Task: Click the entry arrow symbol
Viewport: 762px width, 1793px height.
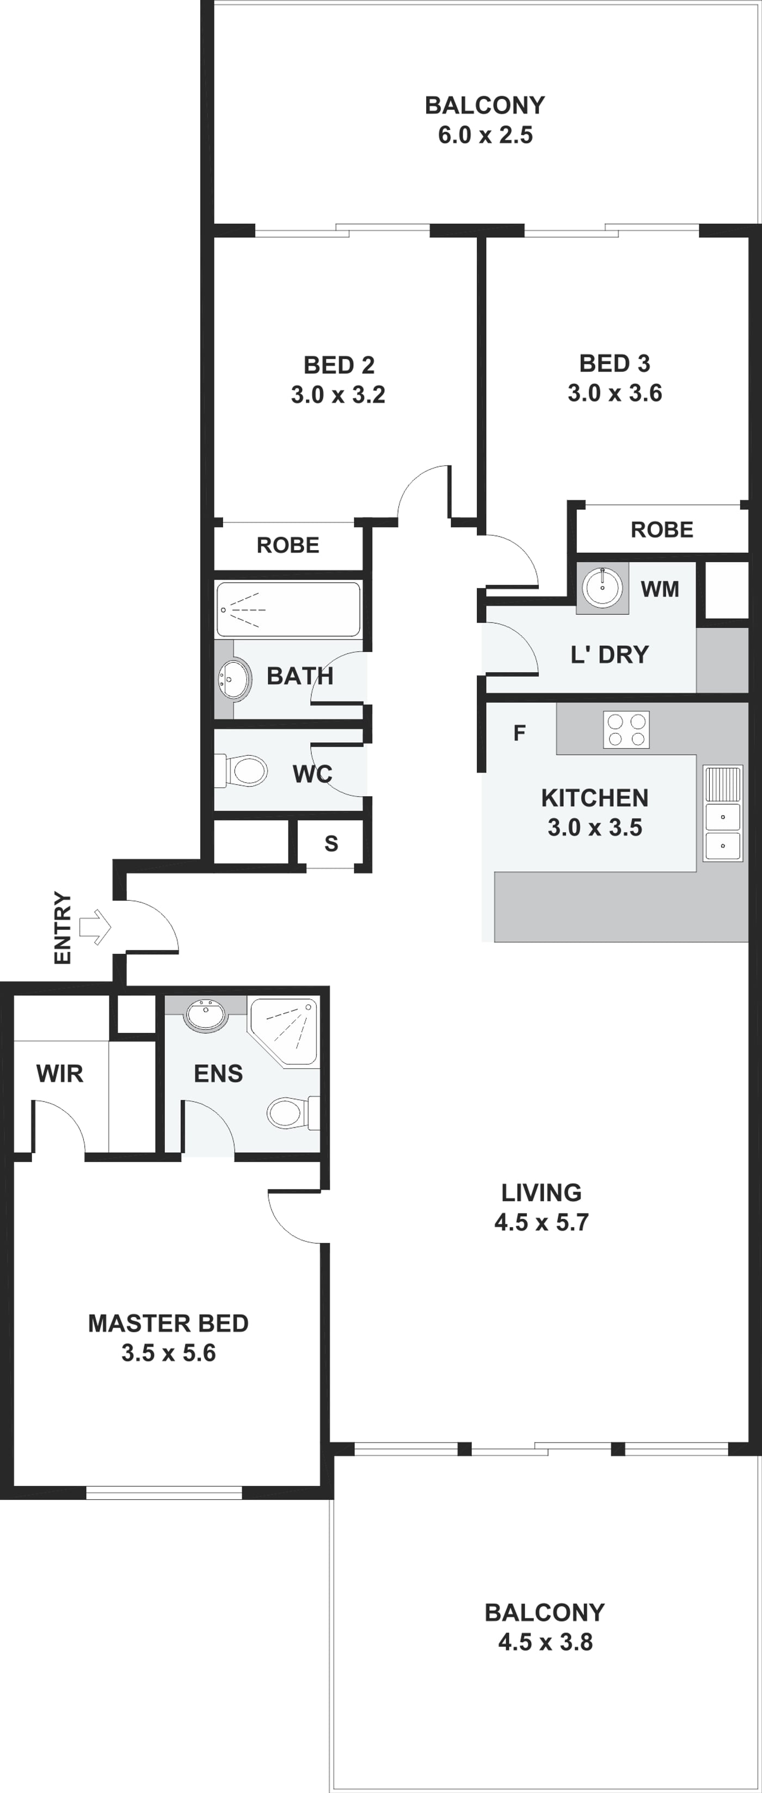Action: tap(95, 927)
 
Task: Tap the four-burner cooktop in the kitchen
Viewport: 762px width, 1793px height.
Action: tap(626, 730)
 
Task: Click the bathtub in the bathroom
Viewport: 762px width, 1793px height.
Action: tap(288, 609)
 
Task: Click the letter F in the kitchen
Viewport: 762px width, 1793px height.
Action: tap(519, 733)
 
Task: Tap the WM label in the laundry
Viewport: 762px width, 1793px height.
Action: tap(660, 589)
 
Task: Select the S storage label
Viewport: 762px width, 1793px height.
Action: tap(331, 843)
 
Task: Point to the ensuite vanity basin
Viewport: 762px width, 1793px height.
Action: tap(205, 1014)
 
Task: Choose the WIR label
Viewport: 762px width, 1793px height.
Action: tap(60, 1073)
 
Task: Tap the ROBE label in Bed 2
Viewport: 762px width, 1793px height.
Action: tap(288, 545)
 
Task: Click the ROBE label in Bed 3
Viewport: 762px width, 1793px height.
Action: tap(662, 529)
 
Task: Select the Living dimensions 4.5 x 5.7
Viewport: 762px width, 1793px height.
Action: tap(542, 1222)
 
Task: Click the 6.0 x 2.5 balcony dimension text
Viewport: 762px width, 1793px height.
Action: tap(485, 134)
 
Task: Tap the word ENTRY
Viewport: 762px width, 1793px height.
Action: tap(63, 928)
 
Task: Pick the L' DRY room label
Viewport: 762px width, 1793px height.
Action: tap(610, 654)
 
